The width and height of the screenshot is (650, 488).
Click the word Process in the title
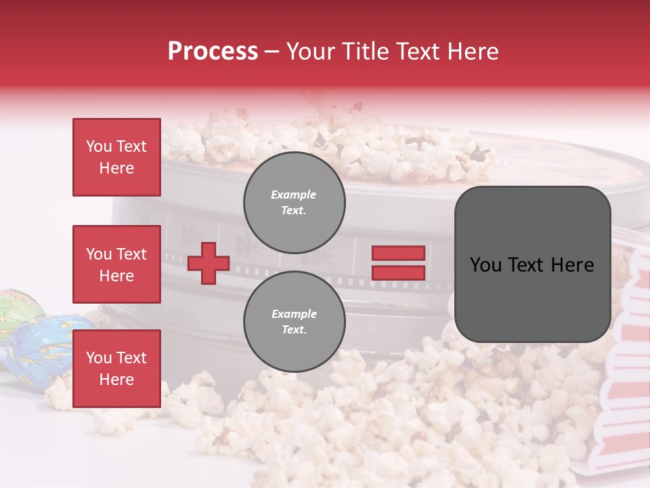pos(213,52)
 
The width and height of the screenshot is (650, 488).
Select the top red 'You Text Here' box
pos(116,157)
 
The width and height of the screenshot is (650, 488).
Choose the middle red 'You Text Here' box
pos(116,264)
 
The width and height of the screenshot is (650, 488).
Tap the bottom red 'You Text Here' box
pos(116,368)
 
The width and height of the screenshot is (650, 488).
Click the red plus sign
pos(208,263)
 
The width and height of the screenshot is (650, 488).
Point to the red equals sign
pos(398,263)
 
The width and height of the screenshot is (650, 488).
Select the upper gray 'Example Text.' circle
pos(294,203)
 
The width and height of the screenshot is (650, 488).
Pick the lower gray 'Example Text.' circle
pos(294,322)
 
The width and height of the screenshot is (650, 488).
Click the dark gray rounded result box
pos(532,264)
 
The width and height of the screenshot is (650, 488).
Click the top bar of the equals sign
pos(398,253)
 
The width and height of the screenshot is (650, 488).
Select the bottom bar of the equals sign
pos(398,273)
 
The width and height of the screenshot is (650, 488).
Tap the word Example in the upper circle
pos(294,195)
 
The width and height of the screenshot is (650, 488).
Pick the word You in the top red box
pos(98,146)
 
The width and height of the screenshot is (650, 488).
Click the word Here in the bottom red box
pos(116,380)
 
